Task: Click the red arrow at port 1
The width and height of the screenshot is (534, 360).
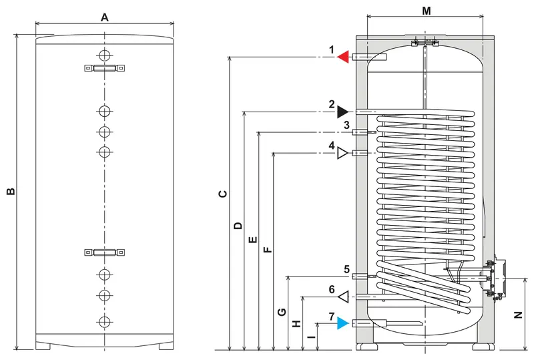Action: coord(343,57)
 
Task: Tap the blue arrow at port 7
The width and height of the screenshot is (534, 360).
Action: coord(343,323)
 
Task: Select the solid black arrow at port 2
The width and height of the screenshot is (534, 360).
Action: coord(342,112)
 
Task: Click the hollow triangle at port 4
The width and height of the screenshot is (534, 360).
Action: coord(342,153)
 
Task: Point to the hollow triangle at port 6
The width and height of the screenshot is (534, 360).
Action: coord(343,297)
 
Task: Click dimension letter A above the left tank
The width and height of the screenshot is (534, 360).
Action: coord(105,17)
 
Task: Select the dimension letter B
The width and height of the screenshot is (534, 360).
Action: coord(11,191)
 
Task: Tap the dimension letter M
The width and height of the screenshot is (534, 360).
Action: coord(427,11)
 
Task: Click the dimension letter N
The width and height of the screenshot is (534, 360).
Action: coord(518,315)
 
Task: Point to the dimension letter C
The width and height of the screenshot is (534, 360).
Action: coord(223,194)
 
